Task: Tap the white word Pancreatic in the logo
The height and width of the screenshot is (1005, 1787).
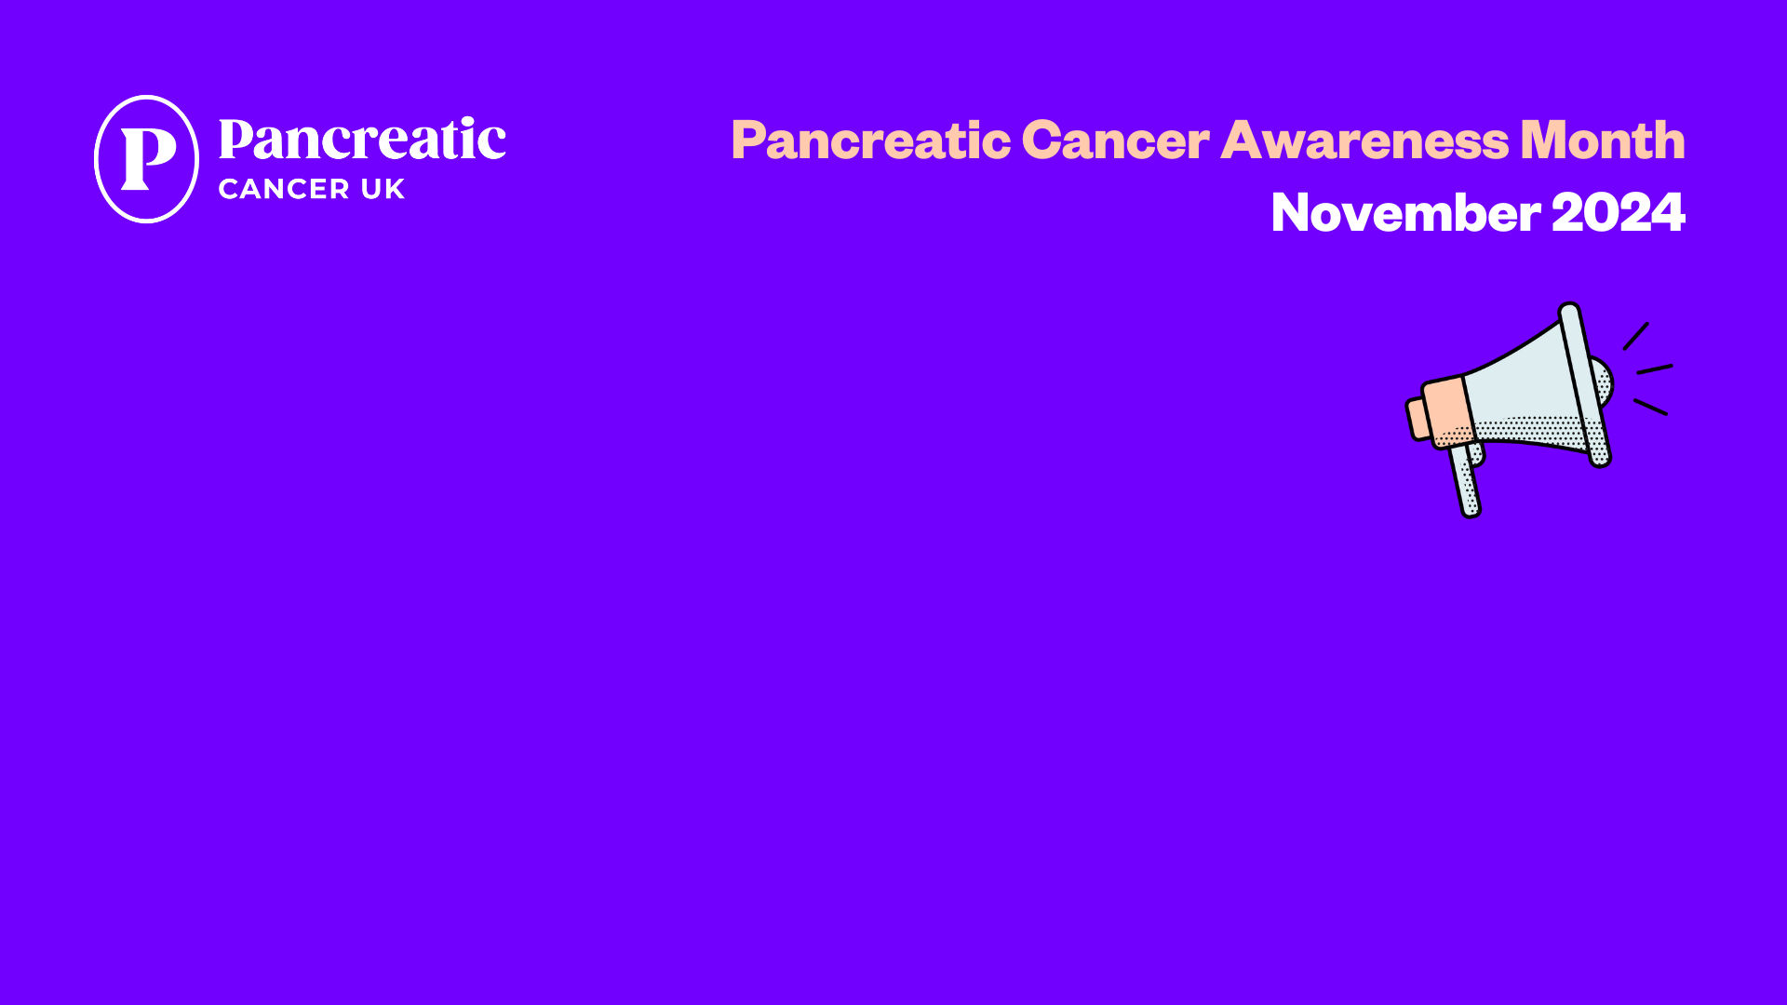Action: pyautogui.click(x=362, y=140)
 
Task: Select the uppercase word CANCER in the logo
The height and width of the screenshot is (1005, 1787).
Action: pyautogui.click(x=284, y=189)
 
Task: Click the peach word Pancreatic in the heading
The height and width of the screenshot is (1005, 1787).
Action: pyautogui.click(x=871, y=141)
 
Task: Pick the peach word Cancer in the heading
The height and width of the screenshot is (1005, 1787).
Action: pyautogui.click(x=1116, y=141)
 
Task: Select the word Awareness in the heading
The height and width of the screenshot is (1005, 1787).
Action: pyautogui.click(x=1364, y=141)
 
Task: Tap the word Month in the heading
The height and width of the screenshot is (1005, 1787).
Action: pyautogui.click(x=1603, y=140)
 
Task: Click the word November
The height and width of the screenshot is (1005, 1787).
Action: pyautogui.click(x=1405, y=212)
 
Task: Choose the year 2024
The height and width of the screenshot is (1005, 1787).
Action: pyautogui.click(x=1619, y=212)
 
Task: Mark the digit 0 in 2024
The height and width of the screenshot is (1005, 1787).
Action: pyautogui.click(x=1603, y=212)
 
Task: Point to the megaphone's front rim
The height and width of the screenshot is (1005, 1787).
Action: pyautogui.click(x=1585, y=384)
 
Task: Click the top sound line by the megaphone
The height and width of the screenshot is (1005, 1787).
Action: pyautogui.click(x=1636, y=336)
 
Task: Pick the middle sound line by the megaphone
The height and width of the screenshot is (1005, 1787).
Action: pyautogui.click(x=1655, y=369)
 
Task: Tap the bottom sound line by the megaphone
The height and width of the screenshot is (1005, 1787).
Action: pyautogui.click(x=1650, y=407)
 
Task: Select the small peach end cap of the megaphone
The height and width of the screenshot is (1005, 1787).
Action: pyautogui.click(x=1417, y=419)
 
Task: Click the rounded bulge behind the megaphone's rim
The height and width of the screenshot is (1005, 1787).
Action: pyautogui.click(x=1604, y=382)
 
